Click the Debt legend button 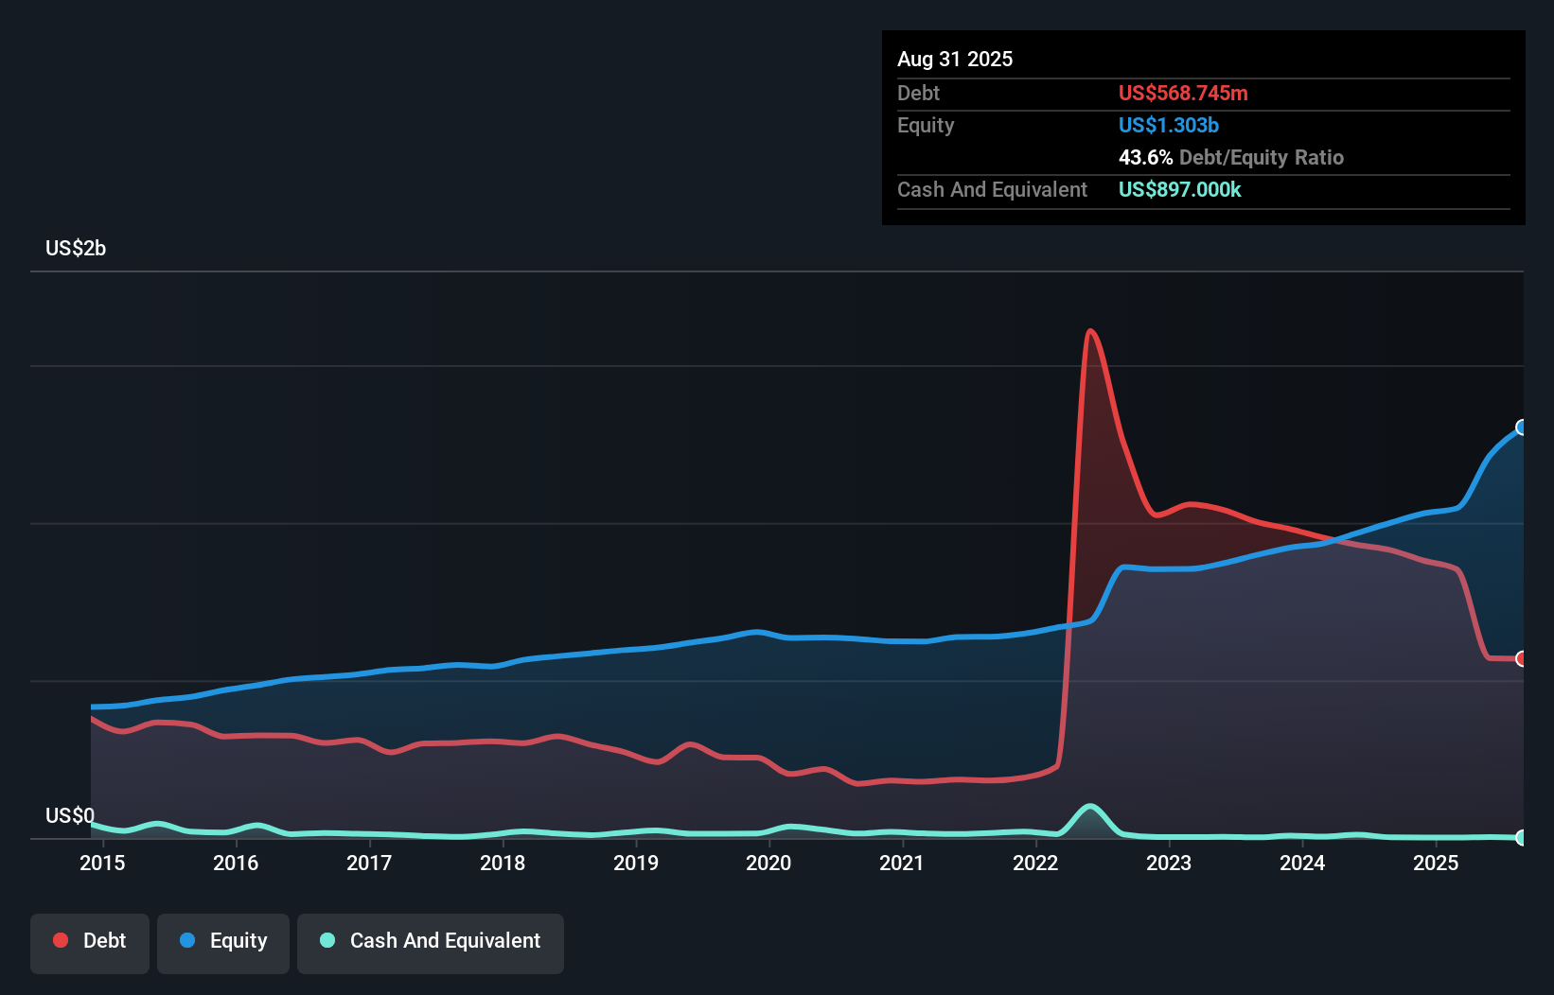90,942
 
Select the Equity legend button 223,942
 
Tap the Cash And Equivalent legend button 431,942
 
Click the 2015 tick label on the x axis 102,864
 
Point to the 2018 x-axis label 503,864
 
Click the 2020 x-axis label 768,864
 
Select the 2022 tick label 1035,864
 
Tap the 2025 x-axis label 1436,864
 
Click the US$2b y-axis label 76,249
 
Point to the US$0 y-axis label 70,815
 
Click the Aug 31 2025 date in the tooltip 955,60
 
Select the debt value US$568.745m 1183,94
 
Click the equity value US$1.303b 1169,126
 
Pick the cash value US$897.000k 1180,190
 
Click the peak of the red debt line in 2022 1090,331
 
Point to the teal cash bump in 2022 1090,807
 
